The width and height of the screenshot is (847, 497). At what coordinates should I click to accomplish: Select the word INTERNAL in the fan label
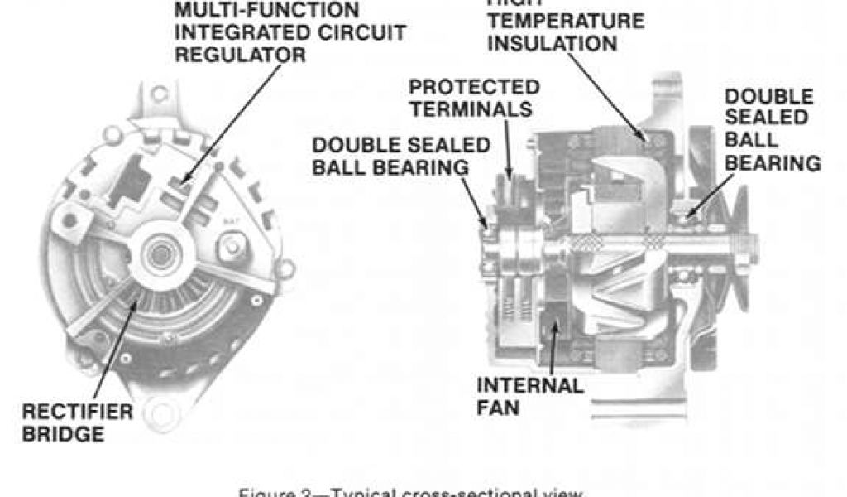pyautogui.click(x=530, y=386)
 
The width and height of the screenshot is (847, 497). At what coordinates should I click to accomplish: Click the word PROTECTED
pyautogui.click(x=475, y=87)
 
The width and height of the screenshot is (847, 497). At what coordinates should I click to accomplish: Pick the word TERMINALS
pyautogui.click(x=470, y=109)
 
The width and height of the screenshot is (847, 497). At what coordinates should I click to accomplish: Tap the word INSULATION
pyautogui.click(x=553, y=43)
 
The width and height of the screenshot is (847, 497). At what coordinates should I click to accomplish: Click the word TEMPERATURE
pyautogui.click(x=565, y=21)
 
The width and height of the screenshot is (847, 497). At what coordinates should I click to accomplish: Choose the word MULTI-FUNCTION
pyautogui.click(x=267, y=11)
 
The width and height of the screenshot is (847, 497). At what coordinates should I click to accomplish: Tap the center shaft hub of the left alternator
pyautogui.click(x=156, y=255)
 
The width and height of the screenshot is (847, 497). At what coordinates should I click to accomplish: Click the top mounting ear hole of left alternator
pyautogui.click(x=157, y=94)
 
